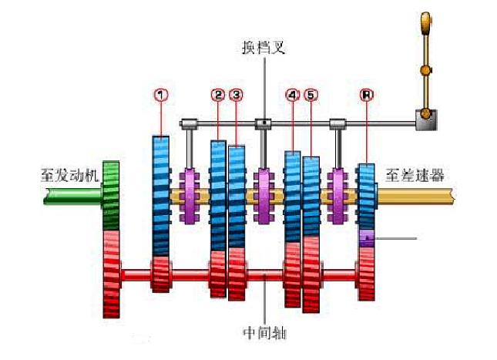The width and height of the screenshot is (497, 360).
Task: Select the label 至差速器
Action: click(413, 175)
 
